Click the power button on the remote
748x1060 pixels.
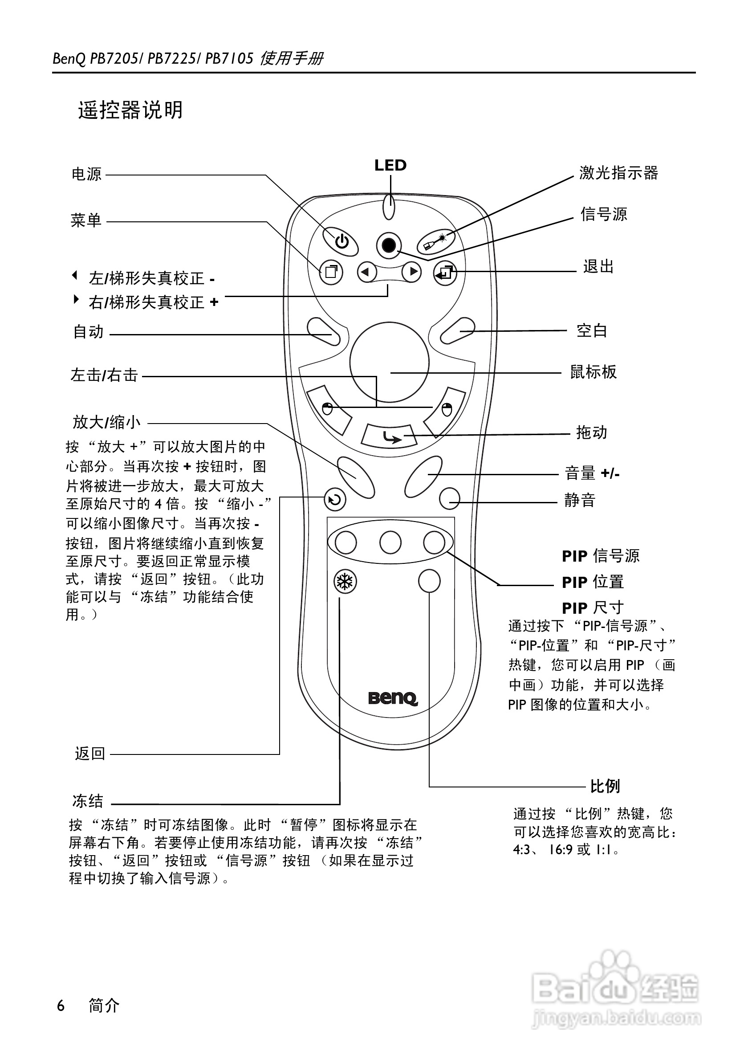pos(341,241)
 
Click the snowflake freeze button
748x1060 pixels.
pos(345,581)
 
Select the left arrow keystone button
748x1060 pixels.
pos(367,272)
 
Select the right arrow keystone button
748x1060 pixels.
pos(411,272)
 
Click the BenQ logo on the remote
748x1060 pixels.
pos(393,698)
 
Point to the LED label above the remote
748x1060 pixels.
pos(390,165)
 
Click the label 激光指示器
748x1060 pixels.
pos(618,173)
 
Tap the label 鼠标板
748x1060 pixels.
pos(593,371)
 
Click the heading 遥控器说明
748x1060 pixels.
pos(130,110)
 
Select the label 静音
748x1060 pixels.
pos(580,500)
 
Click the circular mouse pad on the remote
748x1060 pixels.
pos(389,363)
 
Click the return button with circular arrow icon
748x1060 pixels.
pos(335,500)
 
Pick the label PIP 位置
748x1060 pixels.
pos(593,582)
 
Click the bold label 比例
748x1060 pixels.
pos(605,786)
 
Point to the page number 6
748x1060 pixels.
pos(61,1005)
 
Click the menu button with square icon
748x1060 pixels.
pos(331,272)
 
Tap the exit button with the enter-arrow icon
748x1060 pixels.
pos(445,273)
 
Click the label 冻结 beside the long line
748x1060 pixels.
pos(88,800)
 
